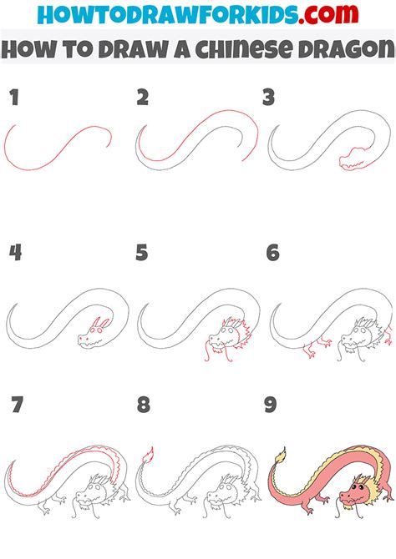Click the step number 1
14,98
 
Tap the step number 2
143,98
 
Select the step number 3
268,98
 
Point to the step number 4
15,253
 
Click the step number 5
142,253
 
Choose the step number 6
273,253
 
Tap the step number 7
18,405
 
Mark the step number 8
143,405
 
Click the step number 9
271,405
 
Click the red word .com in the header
328,15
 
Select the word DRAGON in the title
347,49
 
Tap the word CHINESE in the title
243,49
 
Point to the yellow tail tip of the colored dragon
281,456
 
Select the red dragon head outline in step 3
352,159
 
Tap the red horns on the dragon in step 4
100,323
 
